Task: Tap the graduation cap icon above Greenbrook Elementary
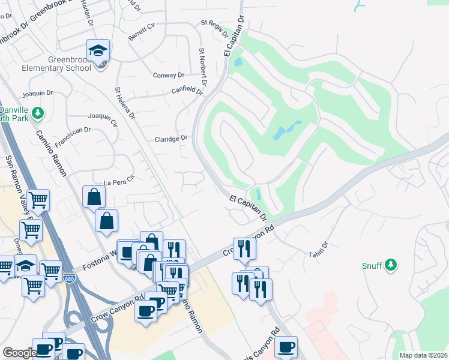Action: click(97, 50)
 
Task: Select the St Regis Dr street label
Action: click(215, 28)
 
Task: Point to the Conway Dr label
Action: click(169, 76)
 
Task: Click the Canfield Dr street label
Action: click(188, 92)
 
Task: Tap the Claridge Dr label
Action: click(172, 139)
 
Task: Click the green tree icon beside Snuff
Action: click(391, 265)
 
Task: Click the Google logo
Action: click(20, 353)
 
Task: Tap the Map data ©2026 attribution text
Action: click(423, 355)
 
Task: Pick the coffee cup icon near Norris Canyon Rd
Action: click(286, 346)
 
